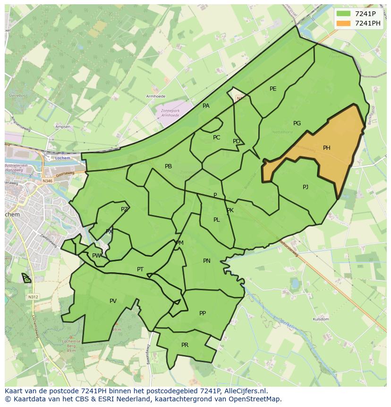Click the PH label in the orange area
(x=326, y=148)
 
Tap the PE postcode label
(x=273, y=89)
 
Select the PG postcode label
(x=297, y=123)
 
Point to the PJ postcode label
(x=306, y=187)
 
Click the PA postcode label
(x=206, y=106)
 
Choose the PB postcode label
(x=168, y=166)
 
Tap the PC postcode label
(x=216, y=138)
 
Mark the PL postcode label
(x=216, y=220)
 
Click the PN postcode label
(x=207, y=261)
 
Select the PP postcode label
(x=203, y=313)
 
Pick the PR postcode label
(x=185, y=345)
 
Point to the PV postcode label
(x=113, y=301)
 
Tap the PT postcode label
(x=140, y=269)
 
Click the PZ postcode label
(x=124, y=209)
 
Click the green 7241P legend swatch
(x=344, y=14)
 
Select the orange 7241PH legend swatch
(x=344, y=23)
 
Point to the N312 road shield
(x=33, y=297)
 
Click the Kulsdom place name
(x=321, y=320)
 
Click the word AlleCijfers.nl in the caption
(x=244, y=391)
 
